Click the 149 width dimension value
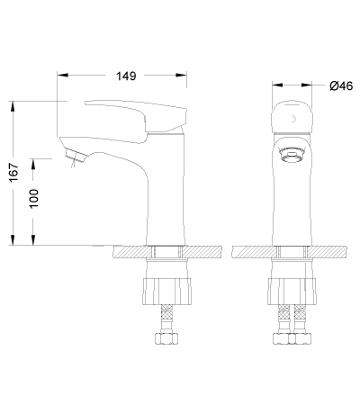(x=126, y=76)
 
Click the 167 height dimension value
(x=13, y=173)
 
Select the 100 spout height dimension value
(x=34, y=198)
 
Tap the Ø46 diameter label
(x=341, y=86)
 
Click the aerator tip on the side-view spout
(x=76, y=156)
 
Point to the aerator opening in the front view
(x=292, y=155)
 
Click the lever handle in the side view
(x=137, y=117)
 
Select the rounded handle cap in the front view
(x=292, y=117)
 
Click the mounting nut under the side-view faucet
(x=166, y=292)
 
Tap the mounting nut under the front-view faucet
(x=292, y=292)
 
